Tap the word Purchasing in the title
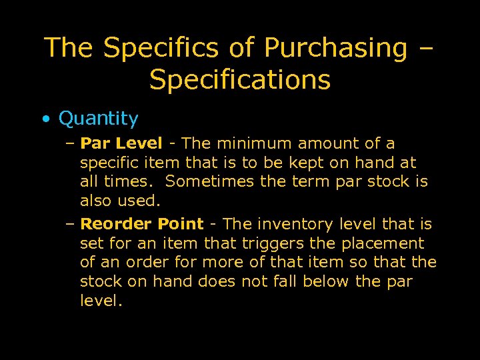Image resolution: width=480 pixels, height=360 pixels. click(x=335, y=48)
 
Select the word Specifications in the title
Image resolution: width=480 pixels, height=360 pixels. click(x=240, y=80)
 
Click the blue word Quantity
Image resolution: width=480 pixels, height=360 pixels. click(x=99, y=119)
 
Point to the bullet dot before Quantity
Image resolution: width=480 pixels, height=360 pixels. click(x=45, y=120)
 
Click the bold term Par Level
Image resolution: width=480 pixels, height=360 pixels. click(x=121, y=143)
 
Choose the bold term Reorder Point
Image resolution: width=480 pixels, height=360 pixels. click(x=141, y=225)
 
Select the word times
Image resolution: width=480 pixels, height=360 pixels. click(x=133, y=181)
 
